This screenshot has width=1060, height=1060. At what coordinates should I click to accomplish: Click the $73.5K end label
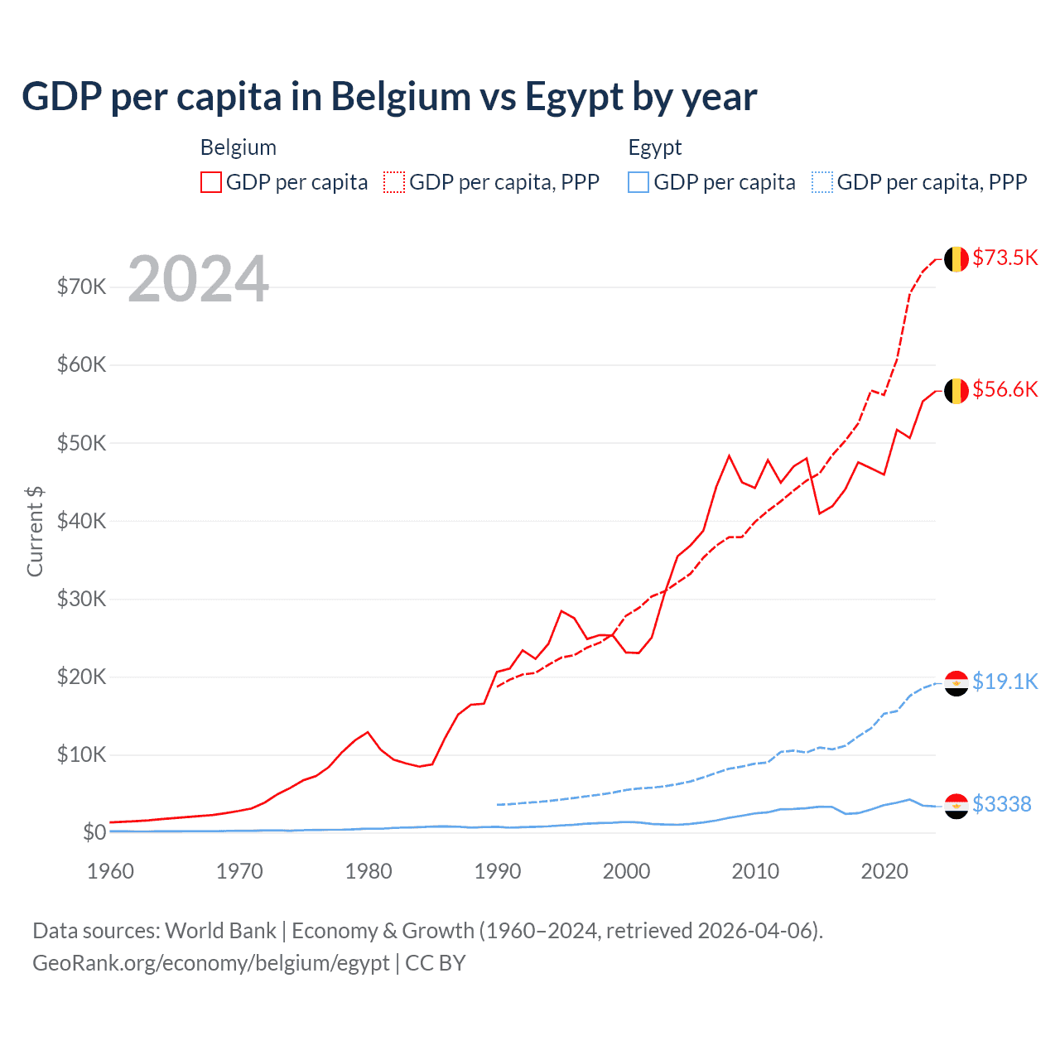pyautogui.click(x=1005, y=258)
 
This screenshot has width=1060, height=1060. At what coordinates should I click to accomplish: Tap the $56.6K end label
pyautogui.click(x=1005, y=389)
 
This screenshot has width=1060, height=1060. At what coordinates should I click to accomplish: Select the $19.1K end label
pyautogui.click(x=1005, y=682)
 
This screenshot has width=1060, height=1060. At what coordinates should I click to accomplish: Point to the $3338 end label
pyautogui.click(x=1001, y=804)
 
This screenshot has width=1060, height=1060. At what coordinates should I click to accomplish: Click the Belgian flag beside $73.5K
pyautogui.click(x=956, y=259)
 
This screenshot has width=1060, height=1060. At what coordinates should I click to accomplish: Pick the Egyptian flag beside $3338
pyautogui.click(x=956, y=806)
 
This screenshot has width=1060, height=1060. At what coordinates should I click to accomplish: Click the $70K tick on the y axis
pyautogui.click(x=81, y=287)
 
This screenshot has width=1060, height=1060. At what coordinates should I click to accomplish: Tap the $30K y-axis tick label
pyautogui.click(x=81, y=599)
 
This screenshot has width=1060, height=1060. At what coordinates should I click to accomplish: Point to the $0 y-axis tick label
pyautogui.click(x=94, y=832)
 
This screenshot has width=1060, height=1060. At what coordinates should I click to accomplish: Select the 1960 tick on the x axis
pyautogui.click(x=110, y=871)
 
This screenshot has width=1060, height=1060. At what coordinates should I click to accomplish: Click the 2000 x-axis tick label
pyautogui.click(x=626, y=871)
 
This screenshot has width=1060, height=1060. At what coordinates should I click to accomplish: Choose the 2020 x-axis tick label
pyautogui.click(x=884, y=871)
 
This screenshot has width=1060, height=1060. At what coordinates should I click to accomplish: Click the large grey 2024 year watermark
pyautogui.click(x=198, y=279)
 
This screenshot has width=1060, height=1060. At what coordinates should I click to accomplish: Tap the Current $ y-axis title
pyautogui.click(x=35, y=532)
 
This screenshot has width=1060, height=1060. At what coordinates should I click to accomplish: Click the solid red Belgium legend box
pyautogui.click(x=211, y=182)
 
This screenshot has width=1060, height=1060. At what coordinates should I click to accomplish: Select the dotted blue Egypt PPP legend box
pyautogui.click(x=822, y=182)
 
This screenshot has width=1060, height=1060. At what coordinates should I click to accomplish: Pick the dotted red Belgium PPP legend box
pyautogui.click(x=394, y=182)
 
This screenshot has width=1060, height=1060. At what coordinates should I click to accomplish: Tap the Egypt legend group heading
pyautogui.click(x=654, y=147)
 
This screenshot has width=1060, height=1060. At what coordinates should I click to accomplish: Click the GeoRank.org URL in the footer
pyautogui.click(x=210, y=963)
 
